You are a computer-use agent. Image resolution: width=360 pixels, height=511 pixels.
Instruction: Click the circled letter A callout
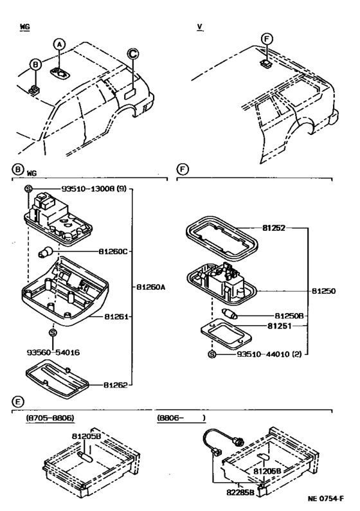59,44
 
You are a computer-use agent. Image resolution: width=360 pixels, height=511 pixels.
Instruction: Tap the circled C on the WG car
132,54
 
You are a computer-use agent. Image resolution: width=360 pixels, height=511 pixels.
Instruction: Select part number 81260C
113,251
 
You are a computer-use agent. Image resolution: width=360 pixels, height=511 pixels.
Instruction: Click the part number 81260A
150,287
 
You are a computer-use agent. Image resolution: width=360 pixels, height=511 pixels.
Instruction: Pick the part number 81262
115,385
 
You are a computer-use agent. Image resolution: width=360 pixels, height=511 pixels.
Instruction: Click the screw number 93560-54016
53,352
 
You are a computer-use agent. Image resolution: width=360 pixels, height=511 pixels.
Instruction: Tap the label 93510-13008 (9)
93,189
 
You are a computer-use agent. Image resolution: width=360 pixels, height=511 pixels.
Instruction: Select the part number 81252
274,228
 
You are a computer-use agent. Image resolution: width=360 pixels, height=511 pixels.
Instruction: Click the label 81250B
289,316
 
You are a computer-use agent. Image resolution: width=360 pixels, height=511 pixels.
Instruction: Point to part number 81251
279,326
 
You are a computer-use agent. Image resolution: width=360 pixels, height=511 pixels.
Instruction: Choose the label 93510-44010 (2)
269,354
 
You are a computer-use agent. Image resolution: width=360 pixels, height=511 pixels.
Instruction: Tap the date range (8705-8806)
50,418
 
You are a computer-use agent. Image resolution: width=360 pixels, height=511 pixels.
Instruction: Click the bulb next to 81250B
230,314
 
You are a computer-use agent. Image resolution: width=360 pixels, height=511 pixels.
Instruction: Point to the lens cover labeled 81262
57,379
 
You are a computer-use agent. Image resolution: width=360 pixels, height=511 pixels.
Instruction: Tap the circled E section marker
18,402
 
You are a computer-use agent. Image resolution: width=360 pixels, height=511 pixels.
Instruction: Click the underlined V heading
200,27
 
